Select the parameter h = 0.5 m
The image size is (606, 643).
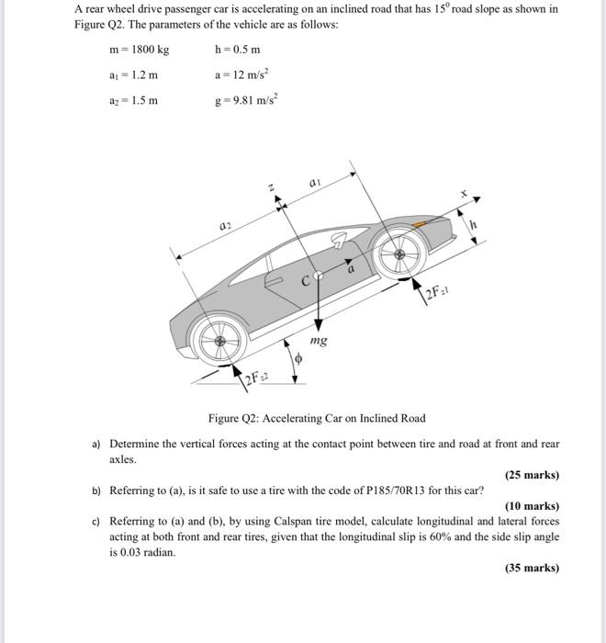click(238, 49)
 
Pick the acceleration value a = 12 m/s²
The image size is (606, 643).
click(241, 73)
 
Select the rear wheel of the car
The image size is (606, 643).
click(220, 342)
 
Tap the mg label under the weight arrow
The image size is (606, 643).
click(319, 341)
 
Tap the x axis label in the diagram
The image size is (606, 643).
click(465, 195)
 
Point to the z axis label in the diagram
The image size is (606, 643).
click(270, 187)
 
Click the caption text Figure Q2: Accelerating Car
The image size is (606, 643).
click(316, 418)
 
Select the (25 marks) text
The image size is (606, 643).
click(532, 475)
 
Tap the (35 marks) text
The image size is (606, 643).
click(532, 568)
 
